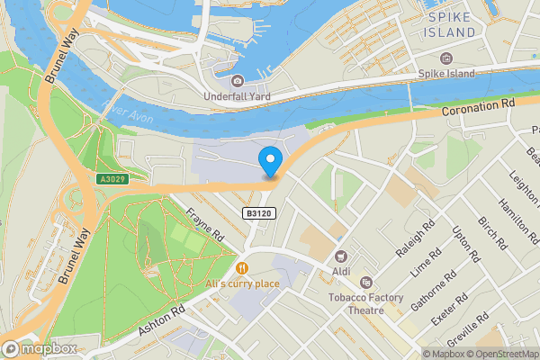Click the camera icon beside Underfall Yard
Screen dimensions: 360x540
point(237,81)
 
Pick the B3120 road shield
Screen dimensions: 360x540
point(258,213)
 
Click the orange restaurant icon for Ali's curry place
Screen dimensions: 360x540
point(241,267)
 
